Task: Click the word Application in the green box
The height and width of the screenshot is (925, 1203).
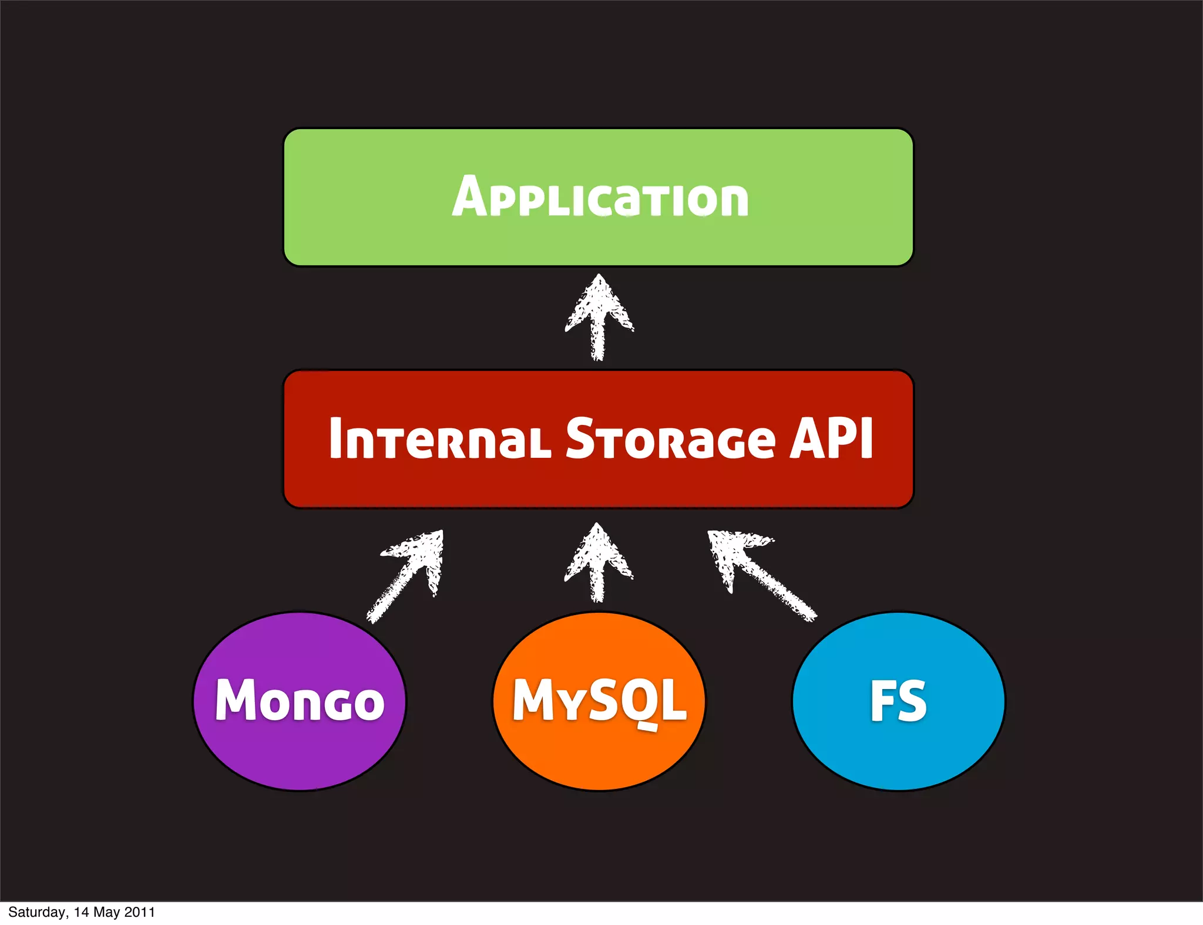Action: click(600, 198)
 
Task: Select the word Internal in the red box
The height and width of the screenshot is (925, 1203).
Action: click(439, 438)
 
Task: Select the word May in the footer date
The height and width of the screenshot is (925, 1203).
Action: click(106, 912)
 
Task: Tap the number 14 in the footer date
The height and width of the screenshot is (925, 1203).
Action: click(81, 912)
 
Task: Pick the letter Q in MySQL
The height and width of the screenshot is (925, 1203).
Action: click(637, 701)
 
